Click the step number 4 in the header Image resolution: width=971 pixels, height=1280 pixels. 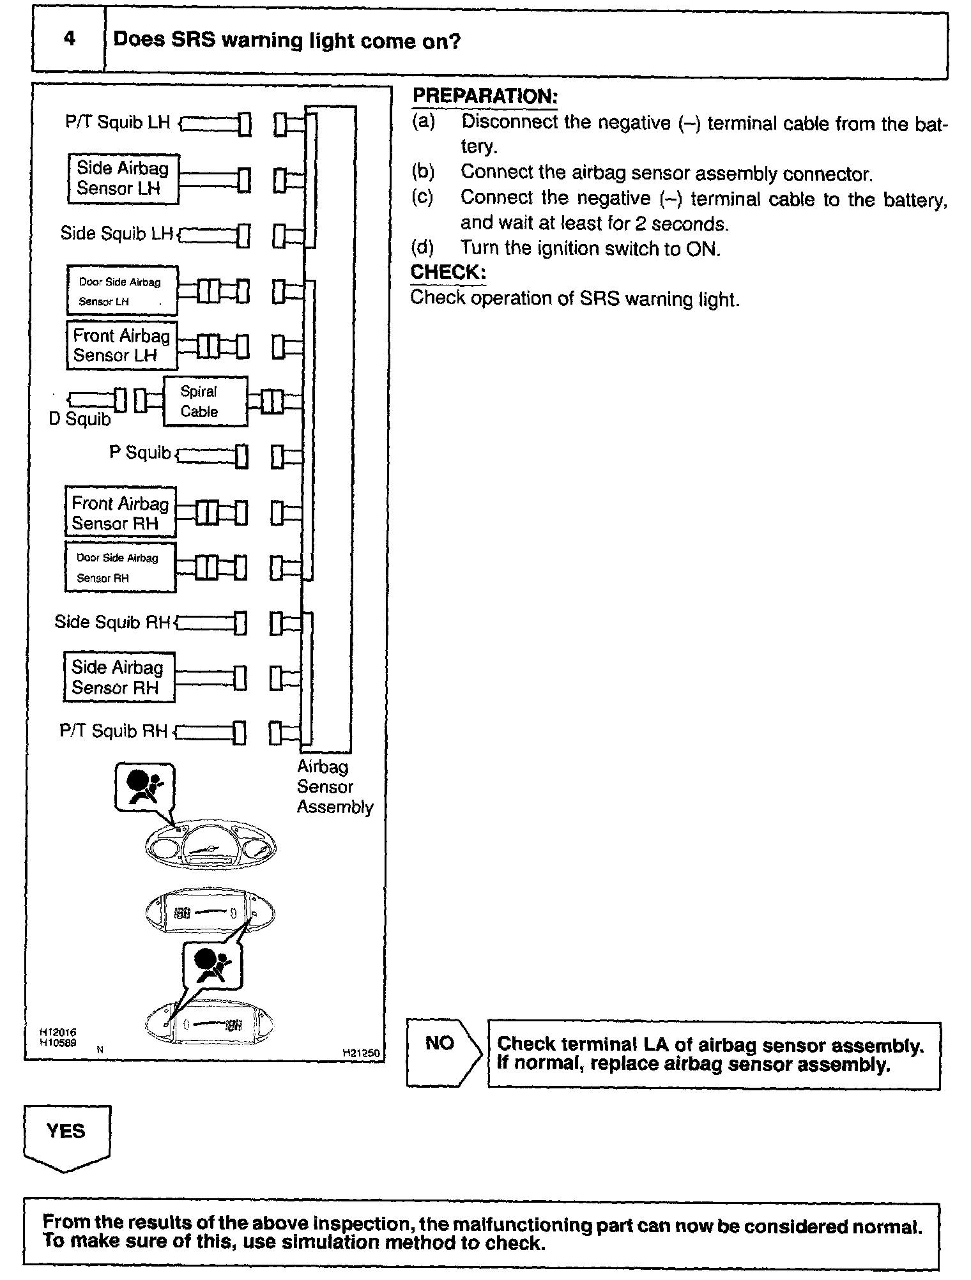pyautogui.click(x=69, y=39)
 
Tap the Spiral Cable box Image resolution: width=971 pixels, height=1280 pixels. pyautogui.click(x=205, y=401)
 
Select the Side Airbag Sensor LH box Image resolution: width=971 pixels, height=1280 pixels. pyautogui.click(x=123, y=178)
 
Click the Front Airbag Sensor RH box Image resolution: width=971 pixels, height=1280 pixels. pyautogui.click(x=120, y=513)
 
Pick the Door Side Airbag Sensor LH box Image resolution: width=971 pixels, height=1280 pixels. pyautogui.click(x=122, y=291)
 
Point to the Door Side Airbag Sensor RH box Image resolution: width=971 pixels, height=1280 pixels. pyautogui.click(x=120, y=567)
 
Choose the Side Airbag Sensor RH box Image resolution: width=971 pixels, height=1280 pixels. pyautogui.click(x=119, y=677)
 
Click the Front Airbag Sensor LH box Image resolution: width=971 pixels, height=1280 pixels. pyautogui.click(x=122, y=346)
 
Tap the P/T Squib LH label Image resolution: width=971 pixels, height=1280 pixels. pyautogui.click(x=118, y=121)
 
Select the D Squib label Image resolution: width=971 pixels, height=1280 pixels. pyautogui.click(x=79, y=419)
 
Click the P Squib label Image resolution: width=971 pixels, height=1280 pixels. pyautogui.click(x=140, y=452)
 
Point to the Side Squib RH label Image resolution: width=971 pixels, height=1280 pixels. pyautogui.click(x=112, y=621)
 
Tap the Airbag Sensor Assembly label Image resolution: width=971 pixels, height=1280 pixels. pyautogui.click(x=334, y=786)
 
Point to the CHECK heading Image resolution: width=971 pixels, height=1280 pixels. pyautogui.click(x=448, y=272)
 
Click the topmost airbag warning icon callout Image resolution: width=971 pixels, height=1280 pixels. pyautogui.click(x=144, y=787)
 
